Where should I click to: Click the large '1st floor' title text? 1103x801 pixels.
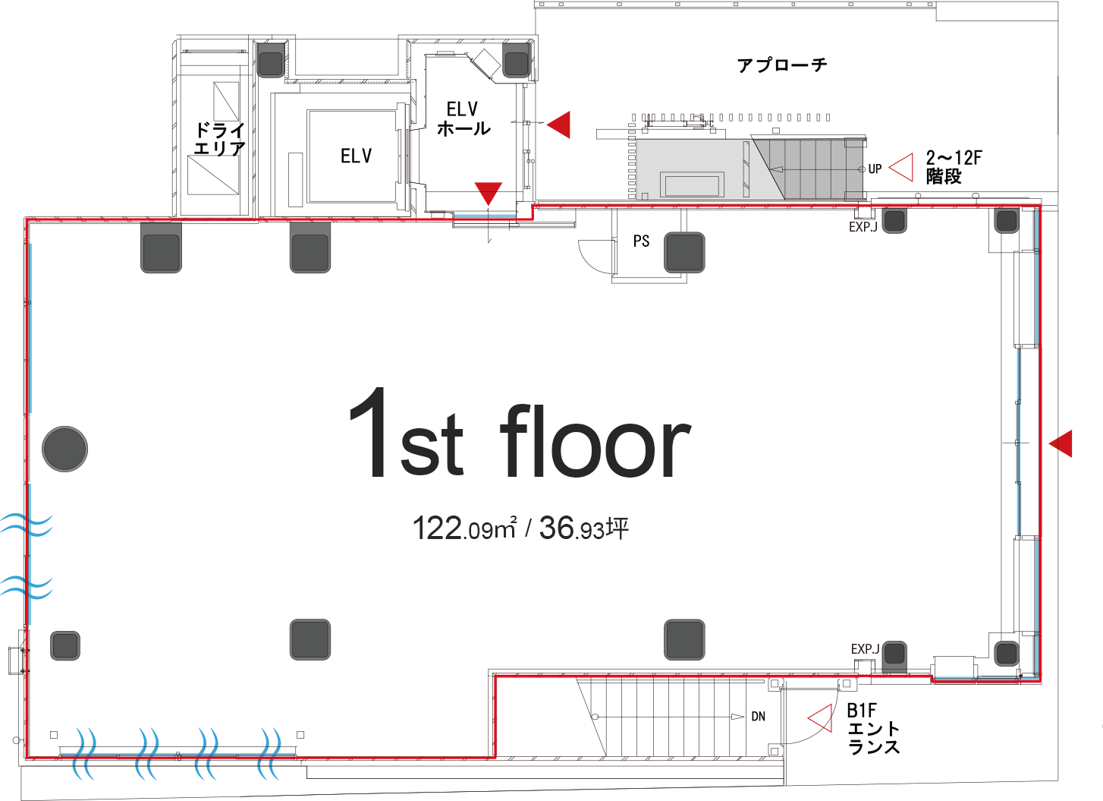tap(520, 436)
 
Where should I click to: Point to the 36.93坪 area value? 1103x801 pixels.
tap(583, 528)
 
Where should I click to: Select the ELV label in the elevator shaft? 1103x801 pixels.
tap(356, 156)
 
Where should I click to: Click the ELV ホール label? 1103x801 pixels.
tap(463, 119)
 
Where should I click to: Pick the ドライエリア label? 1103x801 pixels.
tap(219, 139)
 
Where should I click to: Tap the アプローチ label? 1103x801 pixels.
tap(781, 65)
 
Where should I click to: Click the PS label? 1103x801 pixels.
tap(641, 241)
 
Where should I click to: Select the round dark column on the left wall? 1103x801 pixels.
tap(64, 449)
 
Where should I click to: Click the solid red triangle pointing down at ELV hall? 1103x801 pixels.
tap(489, 193)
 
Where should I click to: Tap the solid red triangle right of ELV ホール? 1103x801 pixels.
tap(560, 124)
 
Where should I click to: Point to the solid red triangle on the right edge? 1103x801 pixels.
tap(1062, 443)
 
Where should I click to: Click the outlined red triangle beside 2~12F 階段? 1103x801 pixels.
tap(902, 167)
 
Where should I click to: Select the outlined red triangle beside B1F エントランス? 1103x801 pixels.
tap(820, 718)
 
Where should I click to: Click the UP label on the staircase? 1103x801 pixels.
tap(875, 169)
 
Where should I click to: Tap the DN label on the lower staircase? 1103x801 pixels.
tap(758, 717)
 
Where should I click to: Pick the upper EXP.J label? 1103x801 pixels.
tap(863, 227)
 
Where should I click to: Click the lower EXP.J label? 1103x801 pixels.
tap(865, 649)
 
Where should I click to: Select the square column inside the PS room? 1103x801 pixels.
tap(684, 252)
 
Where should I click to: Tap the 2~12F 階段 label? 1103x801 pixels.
tap(953, 167)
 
